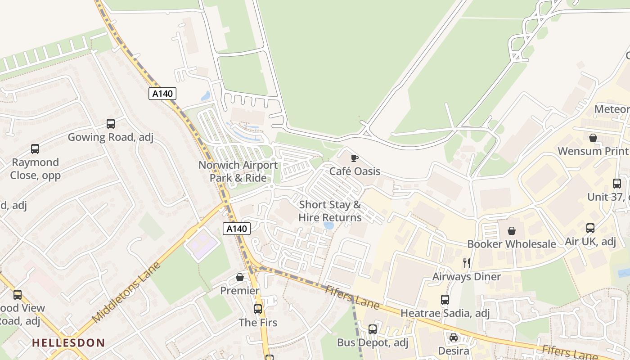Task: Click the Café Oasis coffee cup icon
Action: click(355, 158)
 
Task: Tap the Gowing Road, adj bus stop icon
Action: click(111, 123)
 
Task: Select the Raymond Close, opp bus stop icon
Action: click(35, 148)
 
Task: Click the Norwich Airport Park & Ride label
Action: click(238, 171)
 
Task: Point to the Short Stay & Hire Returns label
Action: click(330, 211)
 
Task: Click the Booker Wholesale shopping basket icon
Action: click(512, 231)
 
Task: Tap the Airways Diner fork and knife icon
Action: click(467, 263)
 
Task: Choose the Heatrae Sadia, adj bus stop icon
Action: click(445, 300)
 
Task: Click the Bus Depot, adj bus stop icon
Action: click(373, 329)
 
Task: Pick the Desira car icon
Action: click(454, 337)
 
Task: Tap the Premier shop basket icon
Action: click(240, 278)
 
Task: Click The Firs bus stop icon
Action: click(258, 309)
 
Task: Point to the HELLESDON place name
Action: click(68, 343)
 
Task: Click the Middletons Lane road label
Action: click(126, 292)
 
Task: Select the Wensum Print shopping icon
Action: click(593, 138)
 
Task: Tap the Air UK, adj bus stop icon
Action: click(590, 228)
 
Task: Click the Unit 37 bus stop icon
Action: click(617, 184)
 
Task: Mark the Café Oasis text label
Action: click(355, 171)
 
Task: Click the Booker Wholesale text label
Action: click(512, 244)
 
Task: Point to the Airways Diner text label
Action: click(467, 276)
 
